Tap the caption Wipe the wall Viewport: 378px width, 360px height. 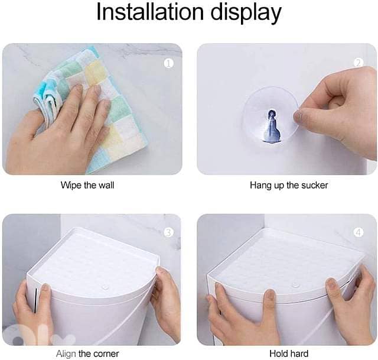(x=87, y=185)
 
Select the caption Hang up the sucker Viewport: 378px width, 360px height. (x=289, y=185)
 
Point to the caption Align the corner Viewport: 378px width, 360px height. (x=87, y=354)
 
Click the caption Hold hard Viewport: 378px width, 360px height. (x=289, y=354)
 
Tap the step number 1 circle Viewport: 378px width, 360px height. (x=169, y=63)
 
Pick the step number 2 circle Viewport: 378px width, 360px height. (x=357, y=63)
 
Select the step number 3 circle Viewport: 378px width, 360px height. (x=168, y=232)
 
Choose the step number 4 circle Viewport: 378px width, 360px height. (x=357, y=232)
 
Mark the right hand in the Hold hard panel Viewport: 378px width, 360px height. (x=351, y=307)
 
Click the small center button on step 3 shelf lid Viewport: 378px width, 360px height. (x=104, y=286)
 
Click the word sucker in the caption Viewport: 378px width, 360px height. (x=314, y=185)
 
